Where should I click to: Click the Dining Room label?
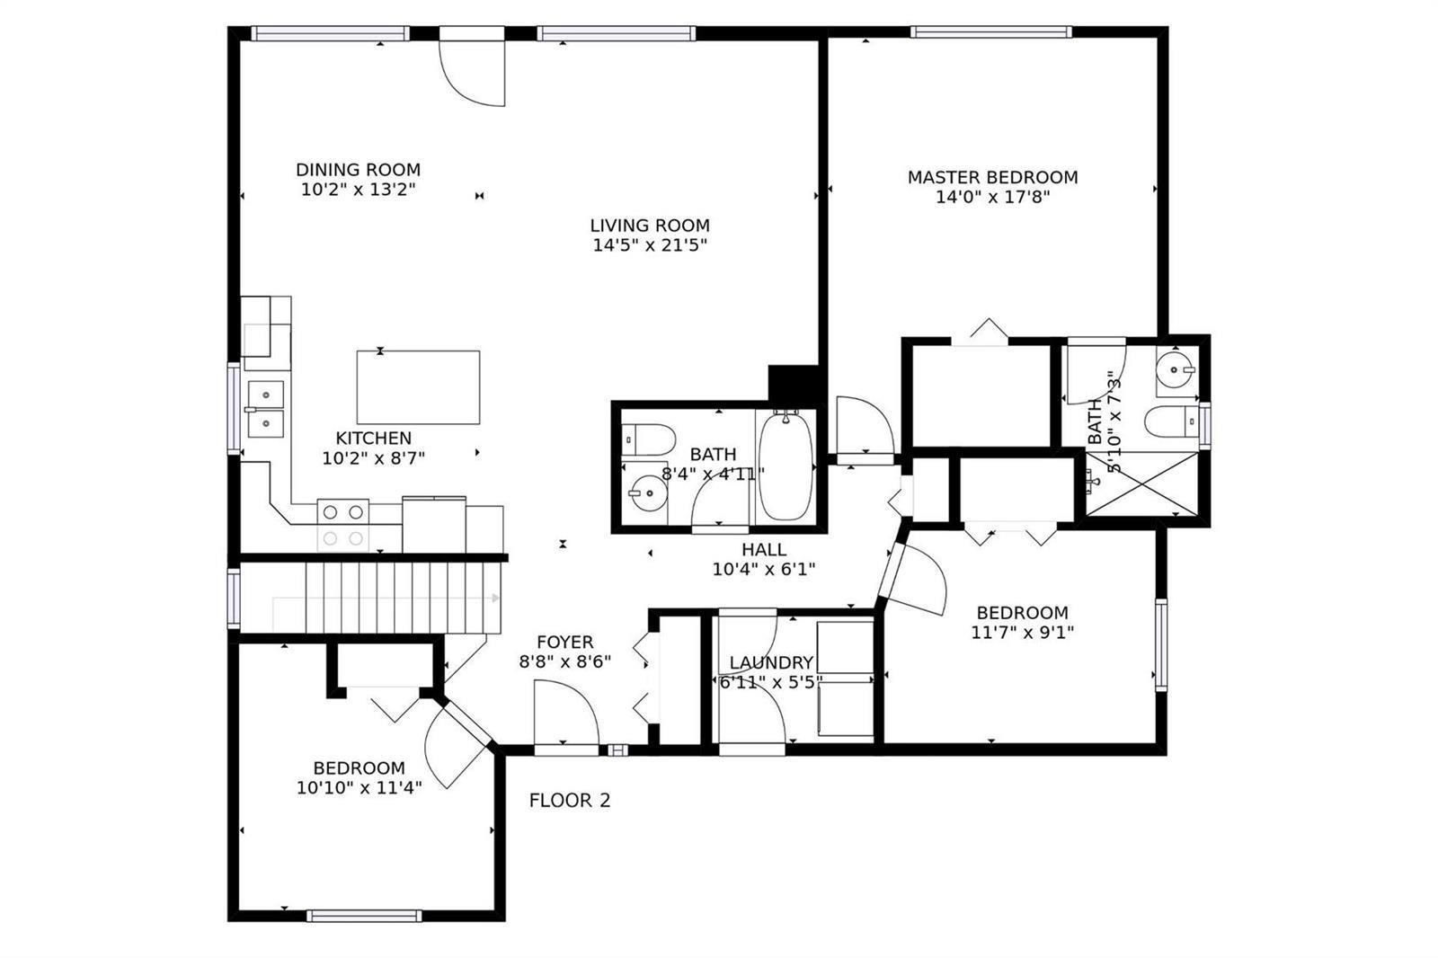tap(359, 170)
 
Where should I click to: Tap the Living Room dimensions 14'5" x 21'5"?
tap(650, 244)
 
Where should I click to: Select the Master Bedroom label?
tap(992, 177)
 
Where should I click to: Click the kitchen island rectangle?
tap(418, 387)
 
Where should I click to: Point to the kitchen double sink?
tap(266, 409)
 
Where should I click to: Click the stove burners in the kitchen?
tap(342, 525)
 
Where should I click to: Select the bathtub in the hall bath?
tap(786, 466)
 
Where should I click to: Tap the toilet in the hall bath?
tap(648, 439)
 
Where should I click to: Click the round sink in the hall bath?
tap(647, 492)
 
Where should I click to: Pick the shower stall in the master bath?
tap(1141, 483)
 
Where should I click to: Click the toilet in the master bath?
tap(1172, 421)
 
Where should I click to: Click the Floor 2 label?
tap(570, 801)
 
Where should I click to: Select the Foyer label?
tap(565, 642)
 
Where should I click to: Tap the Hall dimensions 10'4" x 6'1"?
tap(764, 569)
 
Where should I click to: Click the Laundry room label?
tap(772, 662)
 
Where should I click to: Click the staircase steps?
tap(403, 598)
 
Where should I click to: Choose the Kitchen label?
tap(374, 439)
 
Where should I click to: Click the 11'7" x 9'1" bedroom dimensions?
tap(1023, 633)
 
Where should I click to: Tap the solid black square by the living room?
tap(794, 384)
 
